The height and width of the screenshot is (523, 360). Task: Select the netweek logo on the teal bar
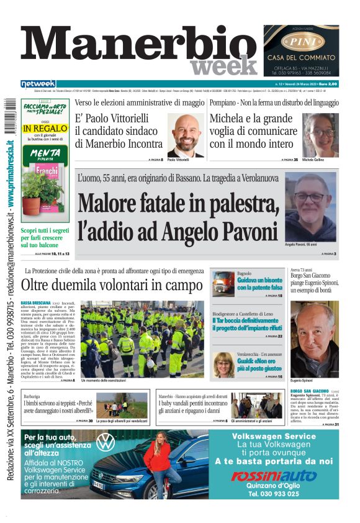click(x=38, y=84)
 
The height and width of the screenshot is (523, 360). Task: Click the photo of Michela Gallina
click(x=320, y=135)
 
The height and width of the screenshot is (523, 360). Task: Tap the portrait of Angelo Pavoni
click(x=310, y=207)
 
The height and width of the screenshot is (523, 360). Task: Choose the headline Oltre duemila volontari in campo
click(x=112, y=285)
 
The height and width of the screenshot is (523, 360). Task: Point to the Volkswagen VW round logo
click(x=106, y=442)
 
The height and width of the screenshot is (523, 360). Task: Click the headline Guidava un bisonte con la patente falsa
click(x=259, y=284)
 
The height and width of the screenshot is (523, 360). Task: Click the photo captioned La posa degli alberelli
click(x=122, y=405)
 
